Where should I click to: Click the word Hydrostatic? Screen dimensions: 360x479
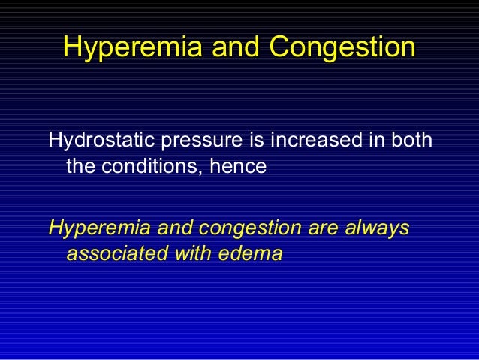point(97,141)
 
